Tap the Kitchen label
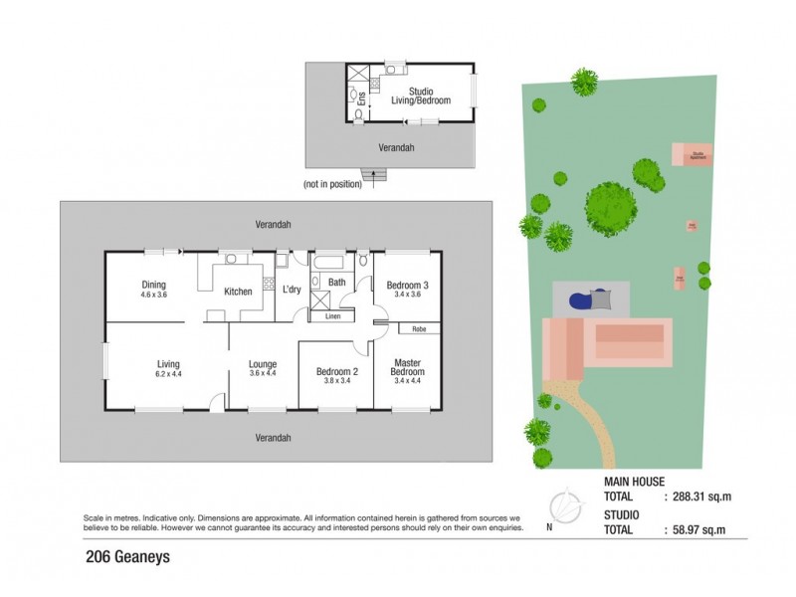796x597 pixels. click(x=238, y=292)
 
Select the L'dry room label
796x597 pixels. click(x=292, y=290)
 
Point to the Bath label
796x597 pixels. click(x=336, y=283)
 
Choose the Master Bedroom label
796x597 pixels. click(x=408, y=367)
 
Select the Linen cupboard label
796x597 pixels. click(x=331, y=317)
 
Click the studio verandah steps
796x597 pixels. click(x=376, y=177)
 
